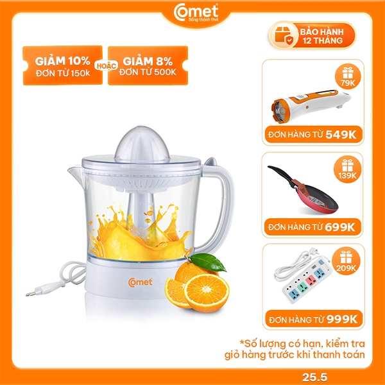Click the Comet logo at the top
pos(196,13)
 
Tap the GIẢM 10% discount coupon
pos(62,65)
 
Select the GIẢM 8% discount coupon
pos(148,65)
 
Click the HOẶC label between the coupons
pos(106,66)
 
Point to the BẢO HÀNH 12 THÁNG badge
pos(312,36)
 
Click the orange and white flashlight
pos(311,106)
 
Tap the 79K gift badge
pos(348,76)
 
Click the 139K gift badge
pos(347,169)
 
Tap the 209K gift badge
pos(346,262)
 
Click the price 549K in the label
pos(341,135)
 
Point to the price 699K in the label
pos(340,227)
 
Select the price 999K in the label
pos(342,320)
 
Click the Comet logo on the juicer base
pos(140,282)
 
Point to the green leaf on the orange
pos(208,262)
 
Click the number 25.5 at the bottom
pos(315,377)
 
